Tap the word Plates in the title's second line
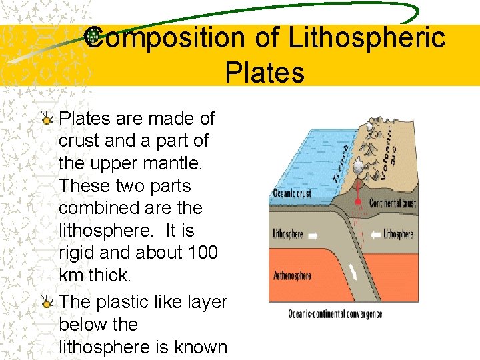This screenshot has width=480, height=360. tap(265, 72)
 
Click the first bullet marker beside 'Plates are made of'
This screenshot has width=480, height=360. tap(47, 120)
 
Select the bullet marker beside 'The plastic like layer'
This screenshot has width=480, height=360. tap(47, 303)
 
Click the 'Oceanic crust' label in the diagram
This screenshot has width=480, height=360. tap(292, 194)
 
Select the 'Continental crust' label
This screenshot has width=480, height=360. tap(393, 203)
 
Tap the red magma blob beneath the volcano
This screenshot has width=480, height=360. tap(358, 201)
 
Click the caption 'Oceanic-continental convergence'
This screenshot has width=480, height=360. tap(335, 313)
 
